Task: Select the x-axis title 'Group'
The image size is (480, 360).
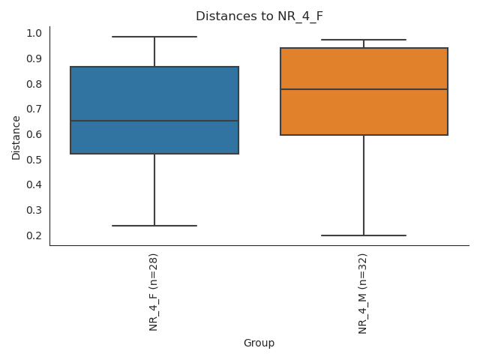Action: click(x=259, y=343)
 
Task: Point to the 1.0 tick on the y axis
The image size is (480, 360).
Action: click(x=34, y=33)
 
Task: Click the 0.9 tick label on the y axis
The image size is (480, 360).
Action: click(x=34, y=58)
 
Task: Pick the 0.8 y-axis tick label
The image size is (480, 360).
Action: click(x=34, y=84)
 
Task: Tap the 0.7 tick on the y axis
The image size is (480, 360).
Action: click(x=34, y=109)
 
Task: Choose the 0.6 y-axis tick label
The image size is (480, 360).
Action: click(x=34, y=134)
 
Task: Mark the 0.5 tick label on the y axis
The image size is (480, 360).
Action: click(x=34, y=160)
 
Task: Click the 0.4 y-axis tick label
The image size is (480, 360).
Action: click(x=34, y=185)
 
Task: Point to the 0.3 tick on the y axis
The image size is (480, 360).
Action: click(x=34, y=210)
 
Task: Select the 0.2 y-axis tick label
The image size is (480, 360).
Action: click(x=34, y=235)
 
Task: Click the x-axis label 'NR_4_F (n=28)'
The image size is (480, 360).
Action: click(x=154, y=292)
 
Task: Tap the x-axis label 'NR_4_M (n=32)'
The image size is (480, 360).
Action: click(x=364, y=293)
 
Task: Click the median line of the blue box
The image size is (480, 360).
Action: click(x=154, y=121)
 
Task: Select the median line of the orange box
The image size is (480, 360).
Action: click(x=364, y=89)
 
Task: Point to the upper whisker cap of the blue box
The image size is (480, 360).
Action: click(x=154, y=37)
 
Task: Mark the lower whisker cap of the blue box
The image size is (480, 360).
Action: click(x=154, y=226)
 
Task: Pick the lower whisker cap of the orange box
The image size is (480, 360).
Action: click(x=364, y=235)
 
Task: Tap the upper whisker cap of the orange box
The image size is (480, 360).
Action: click(x=364, y=40)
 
